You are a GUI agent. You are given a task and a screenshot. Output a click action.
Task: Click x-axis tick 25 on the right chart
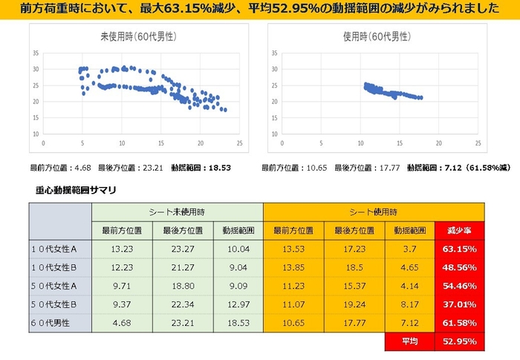477,143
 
